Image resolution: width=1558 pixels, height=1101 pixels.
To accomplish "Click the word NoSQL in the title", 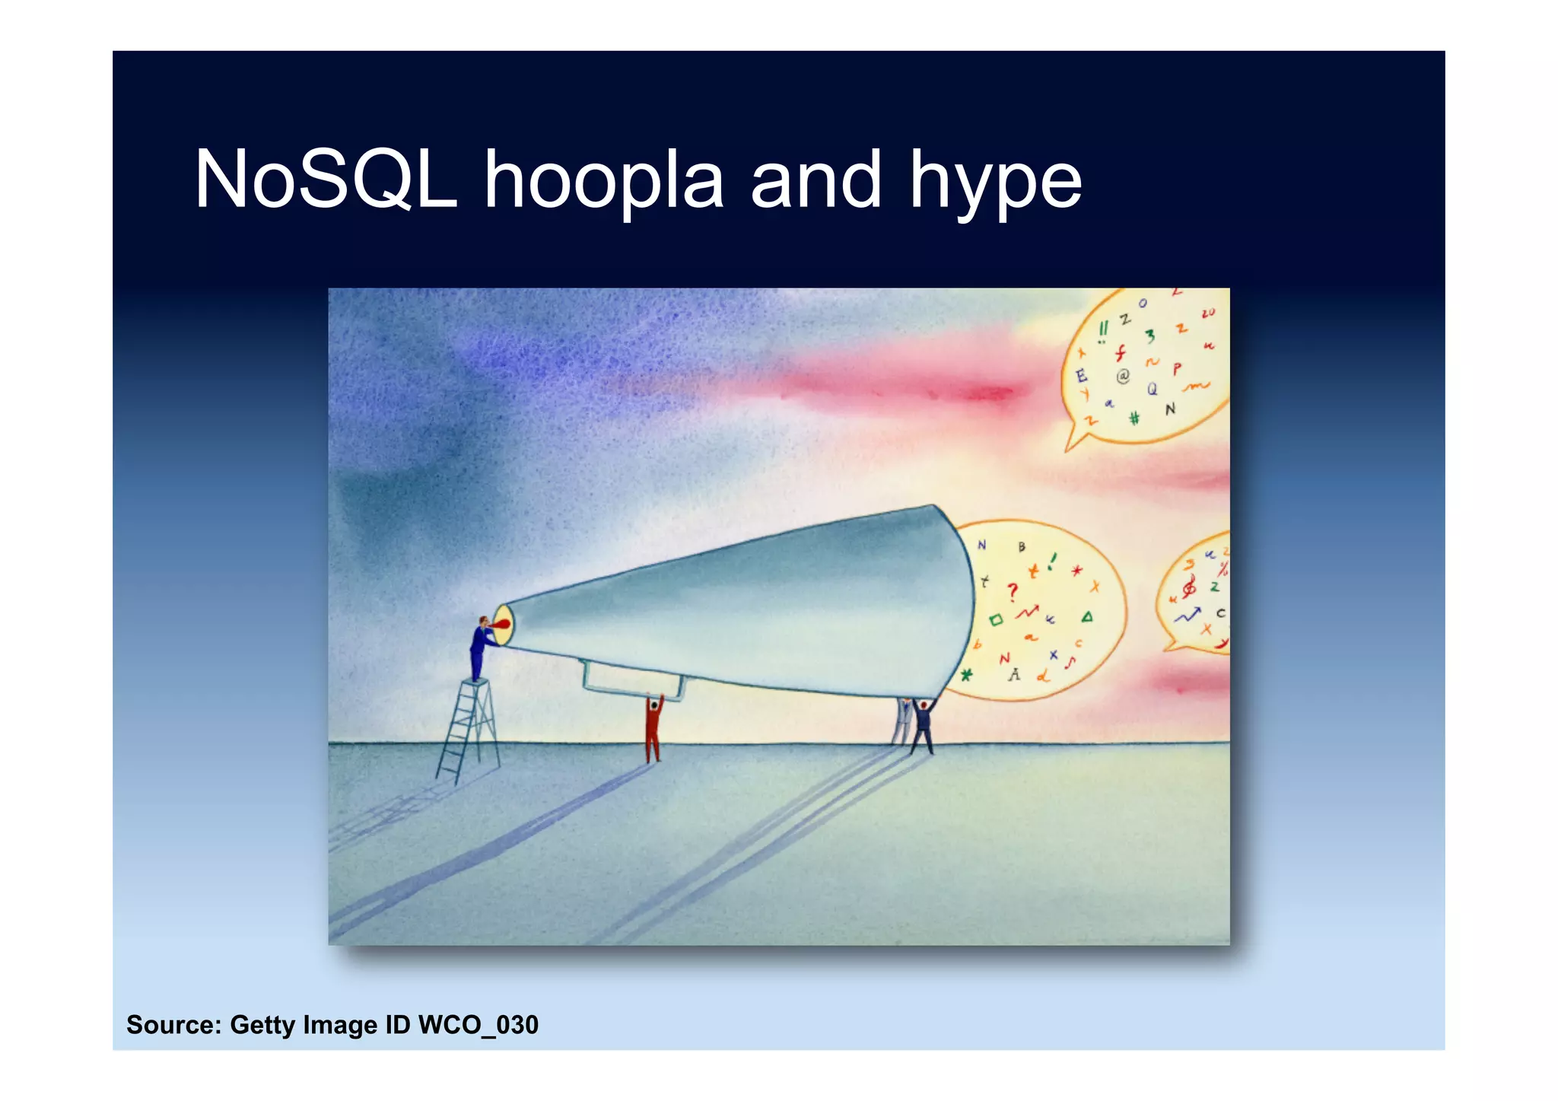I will coord(326,180).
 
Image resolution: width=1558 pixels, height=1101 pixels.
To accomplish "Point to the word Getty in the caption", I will coord(262,1025).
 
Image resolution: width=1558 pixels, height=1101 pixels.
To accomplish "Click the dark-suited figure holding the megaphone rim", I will coord(922,727).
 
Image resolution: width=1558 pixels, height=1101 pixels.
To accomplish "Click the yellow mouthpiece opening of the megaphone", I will coord(504,625).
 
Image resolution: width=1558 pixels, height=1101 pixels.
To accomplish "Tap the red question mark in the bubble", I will coord(1012,591).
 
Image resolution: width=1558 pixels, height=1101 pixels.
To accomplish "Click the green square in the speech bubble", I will coord(996,620).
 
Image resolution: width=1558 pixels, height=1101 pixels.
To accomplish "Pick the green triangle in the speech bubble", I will coord(1087,617).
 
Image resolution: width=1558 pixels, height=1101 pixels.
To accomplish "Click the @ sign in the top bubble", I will coord(1123,376).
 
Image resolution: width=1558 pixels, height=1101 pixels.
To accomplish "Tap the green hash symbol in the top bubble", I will coord(1134,418).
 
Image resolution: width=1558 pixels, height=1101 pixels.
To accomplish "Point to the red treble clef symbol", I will coord(1188,587).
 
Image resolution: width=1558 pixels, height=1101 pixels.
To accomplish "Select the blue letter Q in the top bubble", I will coord(1153,389).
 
